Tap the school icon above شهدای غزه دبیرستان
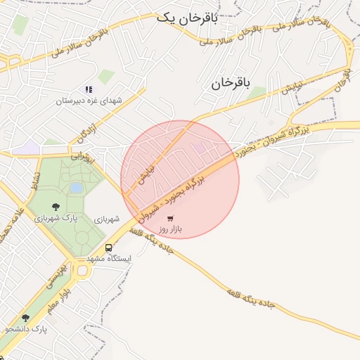[x=89, y=89]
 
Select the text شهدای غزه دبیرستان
[x=89, y=101]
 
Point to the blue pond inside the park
[x=75, y=188]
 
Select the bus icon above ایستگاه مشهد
[x=109, y=247]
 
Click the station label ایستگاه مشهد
[x=109, y=259]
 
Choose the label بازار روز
[x=170, y=230]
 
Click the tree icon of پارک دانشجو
[x=26, y=318]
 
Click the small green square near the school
[x=105, y=76]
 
